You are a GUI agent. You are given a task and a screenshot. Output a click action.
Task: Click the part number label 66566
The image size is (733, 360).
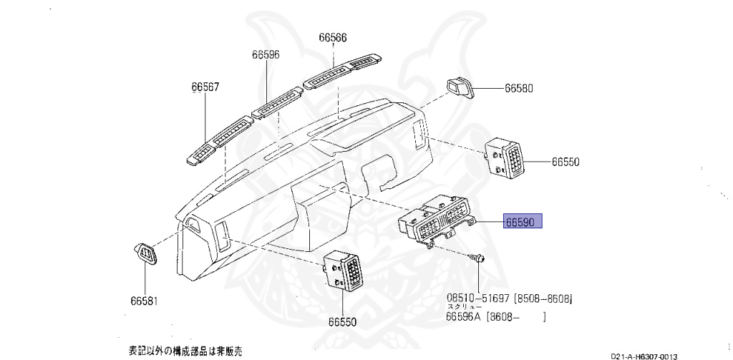coord(333,39)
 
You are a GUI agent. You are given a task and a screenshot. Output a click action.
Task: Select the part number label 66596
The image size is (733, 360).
coord(266,54)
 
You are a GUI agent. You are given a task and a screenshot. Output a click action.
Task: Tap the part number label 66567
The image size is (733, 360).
coord(205,87)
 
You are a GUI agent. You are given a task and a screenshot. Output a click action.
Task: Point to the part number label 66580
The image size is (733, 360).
coord(519,89)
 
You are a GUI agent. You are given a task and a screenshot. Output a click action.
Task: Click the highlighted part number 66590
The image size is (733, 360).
coord(523,222)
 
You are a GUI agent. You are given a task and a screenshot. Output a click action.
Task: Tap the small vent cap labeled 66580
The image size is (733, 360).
coord(460,87)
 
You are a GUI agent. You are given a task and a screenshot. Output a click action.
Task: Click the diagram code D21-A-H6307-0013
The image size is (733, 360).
coord(644,356)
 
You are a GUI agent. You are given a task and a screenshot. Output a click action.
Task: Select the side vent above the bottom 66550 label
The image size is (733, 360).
coord(346,270)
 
